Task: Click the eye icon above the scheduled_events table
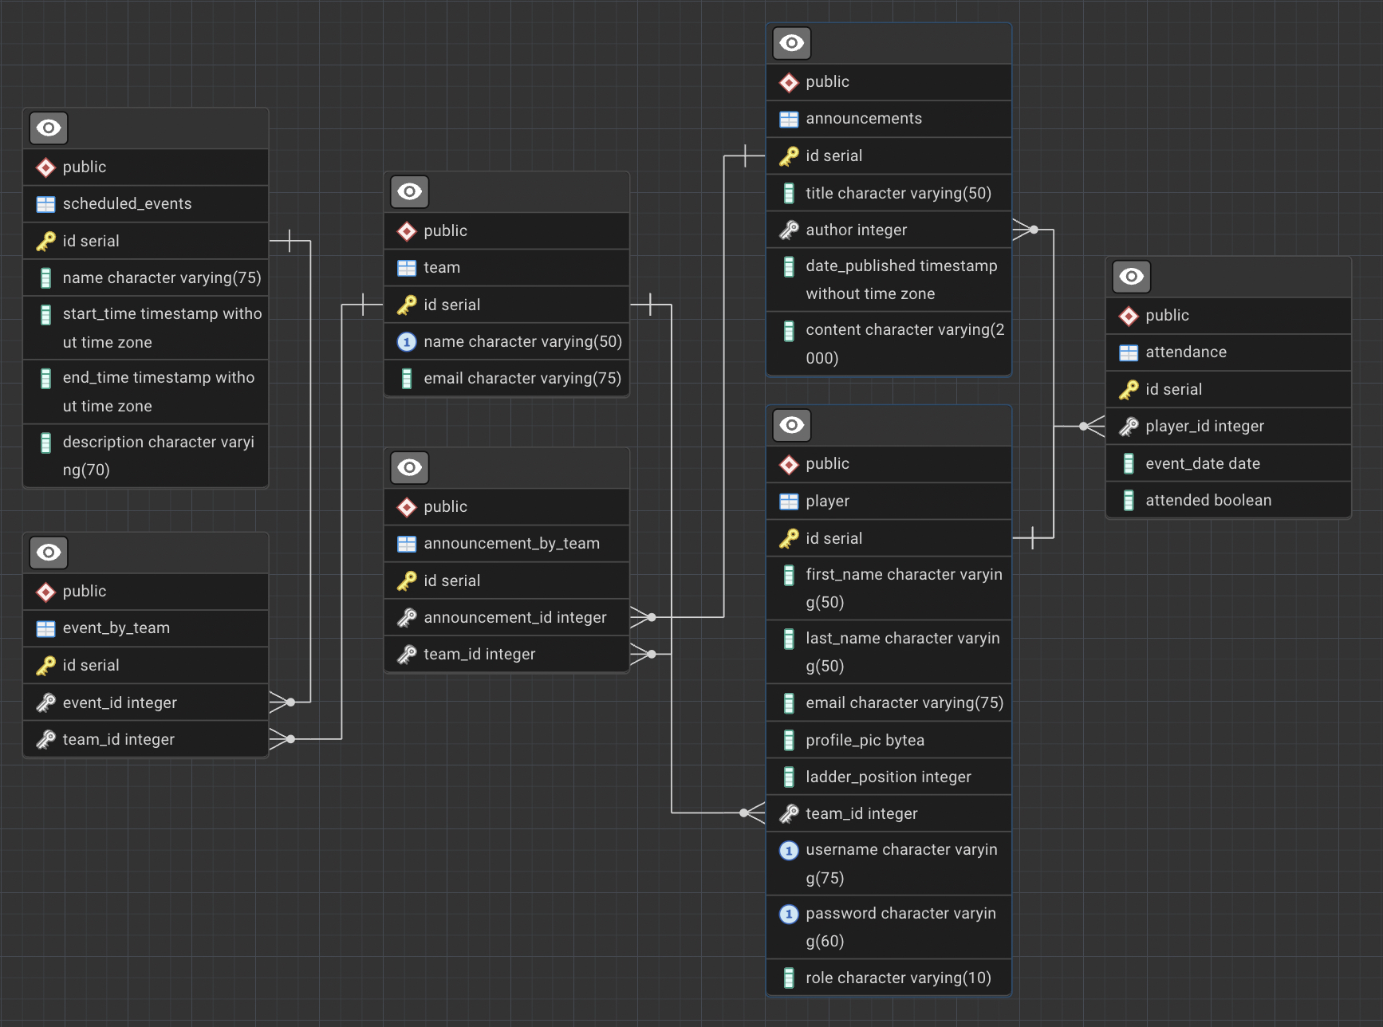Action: (49, 128)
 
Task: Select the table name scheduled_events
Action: (127, 204)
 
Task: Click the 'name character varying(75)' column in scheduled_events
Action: (162, 278)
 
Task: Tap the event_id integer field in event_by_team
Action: (120, 703)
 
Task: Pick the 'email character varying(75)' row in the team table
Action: (522, 379)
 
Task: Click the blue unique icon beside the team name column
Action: (407, 342)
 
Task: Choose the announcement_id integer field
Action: (514, 618)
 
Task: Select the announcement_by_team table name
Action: (511, 544)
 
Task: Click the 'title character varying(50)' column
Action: (898, 194)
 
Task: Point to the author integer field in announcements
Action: (856, 230)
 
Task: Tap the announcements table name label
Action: (863, 119)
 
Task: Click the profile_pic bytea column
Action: (865, 741)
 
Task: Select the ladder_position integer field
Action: (888, 777)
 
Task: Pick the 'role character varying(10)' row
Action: (898, 978)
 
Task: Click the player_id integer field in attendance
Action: (1204, 427)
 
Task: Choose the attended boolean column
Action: (1208, 501)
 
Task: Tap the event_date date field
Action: (1203, 464)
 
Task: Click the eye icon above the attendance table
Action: (1132, 277)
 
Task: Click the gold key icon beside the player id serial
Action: (789, 539)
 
